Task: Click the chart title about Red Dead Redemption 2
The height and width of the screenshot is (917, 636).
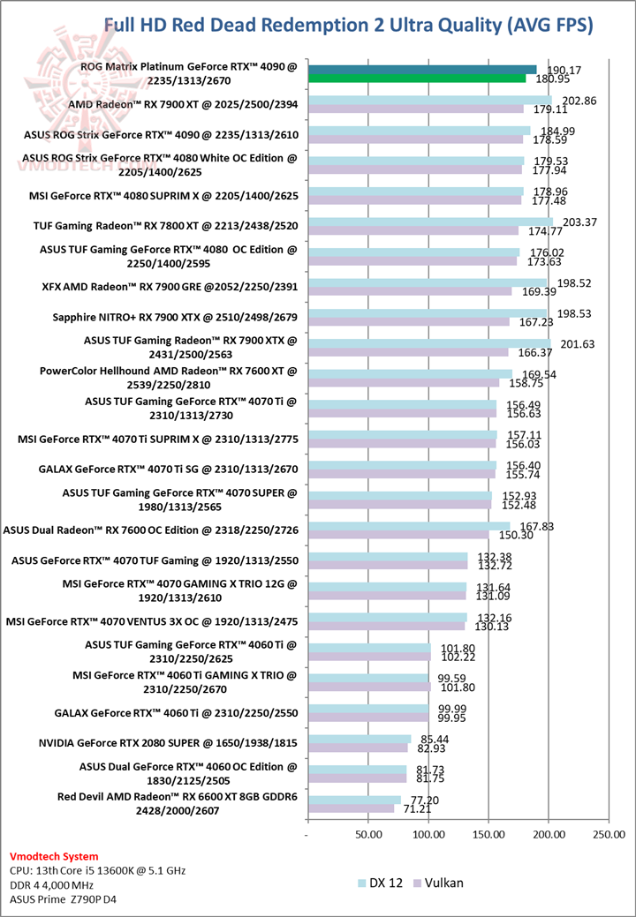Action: [348, 24]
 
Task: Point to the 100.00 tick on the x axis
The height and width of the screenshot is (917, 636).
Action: [428, 833]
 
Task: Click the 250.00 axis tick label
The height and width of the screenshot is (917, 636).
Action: [609, 833]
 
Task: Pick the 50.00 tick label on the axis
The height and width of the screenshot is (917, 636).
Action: [368, 833]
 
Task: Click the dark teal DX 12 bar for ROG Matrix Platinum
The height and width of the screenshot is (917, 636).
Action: [422, 70]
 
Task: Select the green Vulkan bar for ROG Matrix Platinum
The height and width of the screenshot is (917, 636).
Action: [417, 79]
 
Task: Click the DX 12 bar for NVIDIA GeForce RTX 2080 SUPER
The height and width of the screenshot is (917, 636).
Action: [360, 739]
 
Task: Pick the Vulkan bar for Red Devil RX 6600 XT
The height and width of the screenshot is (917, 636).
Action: [351, 808]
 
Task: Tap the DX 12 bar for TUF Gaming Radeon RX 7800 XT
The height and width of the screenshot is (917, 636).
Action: [430, 222]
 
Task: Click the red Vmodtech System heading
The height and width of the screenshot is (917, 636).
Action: [55, 856]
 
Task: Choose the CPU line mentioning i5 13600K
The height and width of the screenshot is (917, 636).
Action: [97, 870]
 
